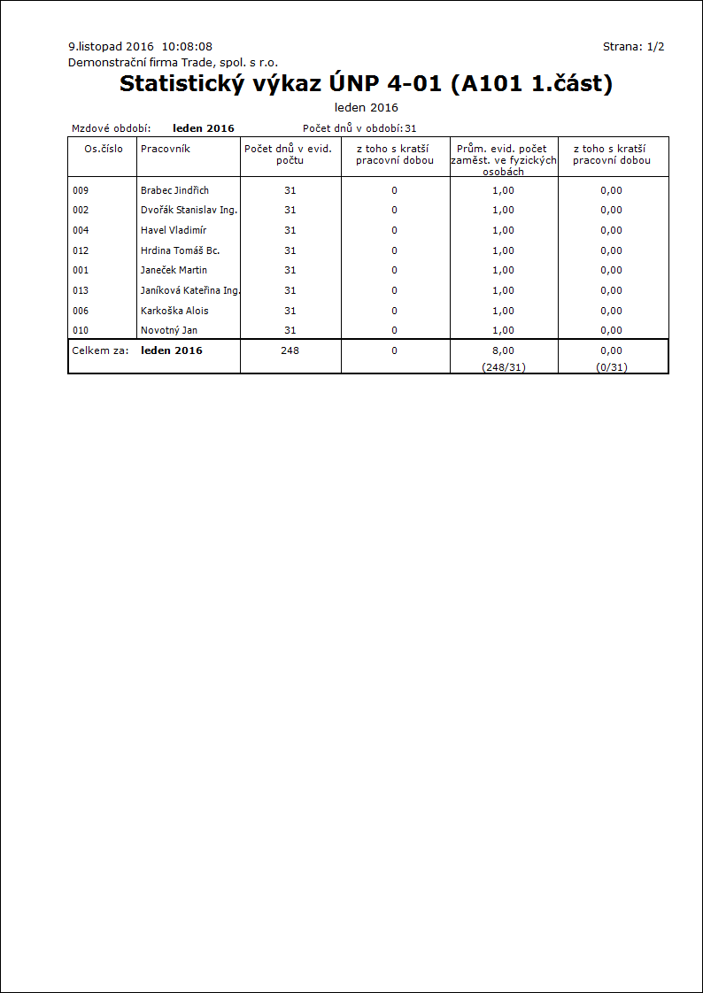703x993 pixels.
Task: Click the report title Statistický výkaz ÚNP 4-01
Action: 366,84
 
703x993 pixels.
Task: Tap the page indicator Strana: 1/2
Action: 633,46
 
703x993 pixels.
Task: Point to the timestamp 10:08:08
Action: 187,46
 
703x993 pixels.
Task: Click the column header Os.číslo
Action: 103,149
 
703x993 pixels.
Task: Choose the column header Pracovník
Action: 166,149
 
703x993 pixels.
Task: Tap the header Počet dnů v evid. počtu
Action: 290,154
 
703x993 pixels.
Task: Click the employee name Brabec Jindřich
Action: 174,190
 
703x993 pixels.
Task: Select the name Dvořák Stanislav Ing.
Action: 189,210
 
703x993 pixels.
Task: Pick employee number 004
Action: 81,230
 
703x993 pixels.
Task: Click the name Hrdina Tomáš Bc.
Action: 180,250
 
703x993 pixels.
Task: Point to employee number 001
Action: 81,270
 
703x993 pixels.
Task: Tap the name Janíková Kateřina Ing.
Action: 190,290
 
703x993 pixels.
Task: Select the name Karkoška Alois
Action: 174,311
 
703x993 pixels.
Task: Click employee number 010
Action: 81,330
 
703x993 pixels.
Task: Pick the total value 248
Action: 290,350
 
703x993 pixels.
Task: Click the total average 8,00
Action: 503,350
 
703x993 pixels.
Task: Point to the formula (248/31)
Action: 503,366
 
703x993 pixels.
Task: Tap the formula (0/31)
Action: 611,366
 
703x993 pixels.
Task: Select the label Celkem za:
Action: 100,350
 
